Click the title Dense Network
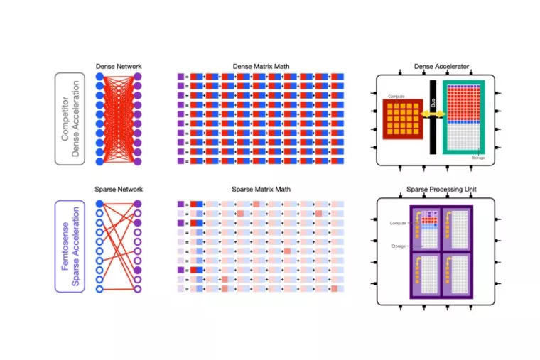119,67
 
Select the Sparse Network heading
119,190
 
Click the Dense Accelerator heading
441,67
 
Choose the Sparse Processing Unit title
441,190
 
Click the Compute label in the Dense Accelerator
396,96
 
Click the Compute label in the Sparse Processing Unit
397,223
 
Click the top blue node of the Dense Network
100,77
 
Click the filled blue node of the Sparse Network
100,204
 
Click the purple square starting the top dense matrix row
180,77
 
